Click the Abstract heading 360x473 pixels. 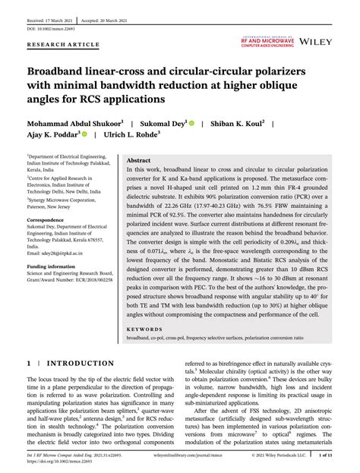point(138,161)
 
